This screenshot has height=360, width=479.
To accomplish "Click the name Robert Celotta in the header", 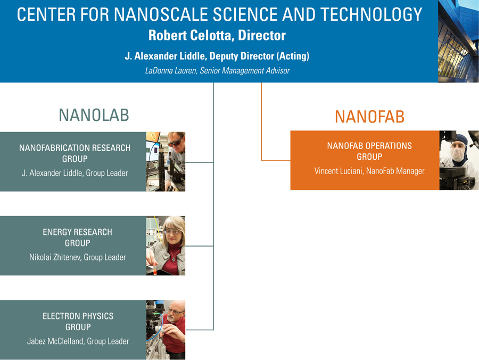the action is (x=191, y=36).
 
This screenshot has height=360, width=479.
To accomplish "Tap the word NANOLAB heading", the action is (x=94, y=115).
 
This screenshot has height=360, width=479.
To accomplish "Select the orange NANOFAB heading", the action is (x=370, y=117).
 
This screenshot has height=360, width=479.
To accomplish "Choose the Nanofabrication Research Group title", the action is (x=75, y=153).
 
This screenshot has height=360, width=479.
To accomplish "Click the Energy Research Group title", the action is (x=77, y=238).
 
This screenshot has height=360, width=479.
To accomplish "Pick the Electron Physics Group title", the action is (x=78, y=322).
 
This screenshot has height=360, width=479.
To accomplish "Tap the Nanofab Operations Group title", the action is (x=369, y=151).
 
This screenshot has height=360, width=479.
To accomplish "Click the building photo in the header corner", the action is (x=458, y=41).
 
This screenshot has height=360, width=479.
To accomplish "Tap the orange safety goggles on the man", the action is (x=175, y=142).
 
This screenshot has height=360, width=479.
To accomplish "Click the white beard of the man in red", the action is (x=171, y=318).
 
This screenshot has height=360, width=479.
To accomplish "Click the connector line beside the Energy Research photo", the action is (x=199, y=246).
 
